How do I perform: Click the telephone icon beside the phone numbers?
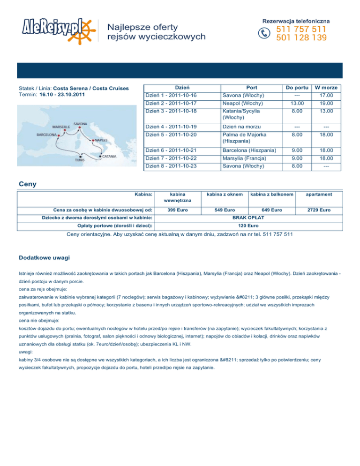pyautogui.click(x=265, y=33)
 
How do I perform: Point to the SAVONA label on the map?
pyautogui.click(x=80, y=124)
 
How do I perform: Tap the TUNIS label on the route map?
pyautogui.click(x=80, y=159)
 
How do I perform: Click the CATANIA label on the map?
pyautogui.click(x=110, y=156)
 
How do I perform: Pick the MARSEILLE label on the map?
pyautogui.click(x=61, y=127)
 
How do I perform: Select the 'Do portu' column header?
pyautogui.click(x=296, y=87)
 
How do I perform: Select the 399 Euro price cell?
pyautogui.click(x=178, y=209)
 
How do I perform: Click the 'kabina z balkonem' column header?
pyautogui.click(x=271, y=194)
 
